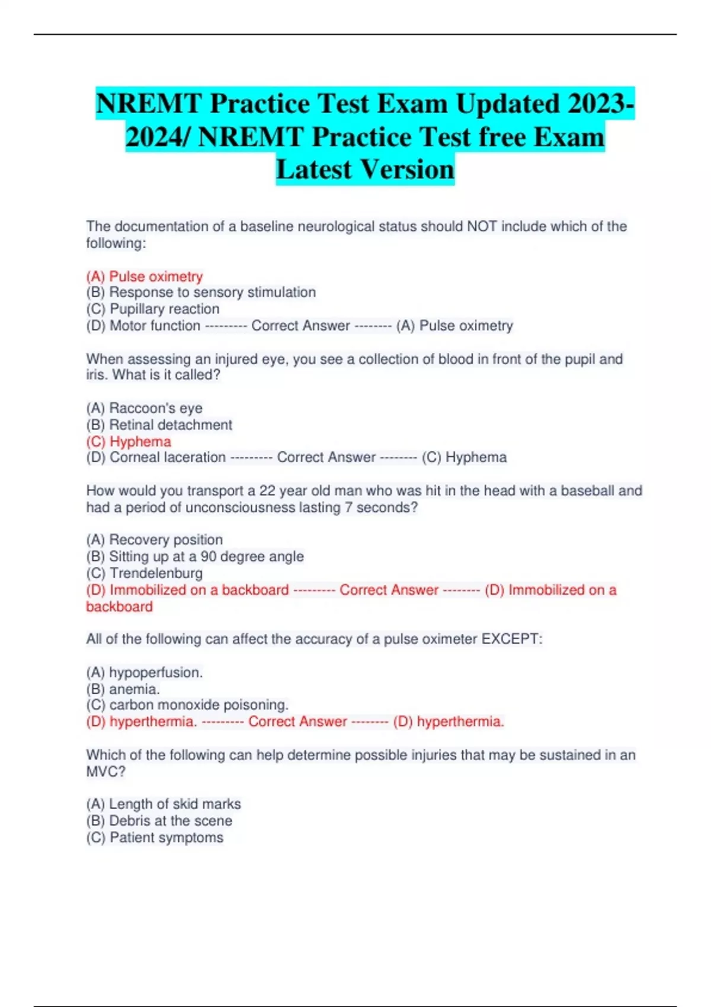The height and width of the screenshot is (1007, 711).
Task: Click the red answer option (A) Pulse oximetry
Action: pos(145,277)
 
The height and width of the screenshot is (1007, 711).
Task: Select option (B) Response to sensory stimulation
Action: pos(201,293)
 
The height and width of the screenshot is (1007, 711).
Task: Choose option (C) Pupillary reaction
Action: pos(153,309)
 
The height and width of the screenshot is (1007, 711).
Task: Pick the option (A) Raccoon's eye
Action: pos(145,408)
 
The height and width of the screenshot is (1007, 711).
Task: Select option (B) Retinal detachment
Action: pos(159,425)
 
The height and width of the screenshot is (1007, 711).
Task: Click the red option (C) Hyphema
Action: pos(129,441)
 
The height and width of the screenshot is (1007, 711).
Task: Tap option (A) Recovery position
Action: pos(155,540)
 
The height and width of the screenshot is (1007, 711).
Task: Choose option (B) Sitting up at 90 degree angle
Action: pos(195,556)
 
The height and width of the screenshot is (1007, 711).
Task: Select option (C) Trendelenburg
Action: pos(145,573)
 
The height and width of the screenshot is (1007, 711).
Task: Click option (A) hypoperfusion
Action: pos(145,672)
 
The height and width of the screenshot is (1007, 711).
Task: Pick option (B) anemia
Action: pos(123,689)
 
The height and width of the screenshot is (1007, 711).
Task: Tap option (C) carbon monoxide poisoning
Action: pos(187,705)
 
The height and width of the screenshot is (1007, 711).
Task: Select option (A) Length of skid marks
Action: pos(164,804)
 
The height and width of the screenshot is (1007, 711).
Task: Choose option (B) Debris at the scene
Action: pos(159,820)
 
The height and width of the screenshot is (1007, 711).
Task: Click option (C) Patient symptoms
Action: pos(155,838)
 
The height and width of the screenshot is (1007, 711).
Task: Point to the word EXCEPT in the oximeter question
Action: pos(511,639)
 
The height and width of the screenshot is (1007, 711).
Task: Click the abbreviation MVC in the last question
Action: pos(104,771)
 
